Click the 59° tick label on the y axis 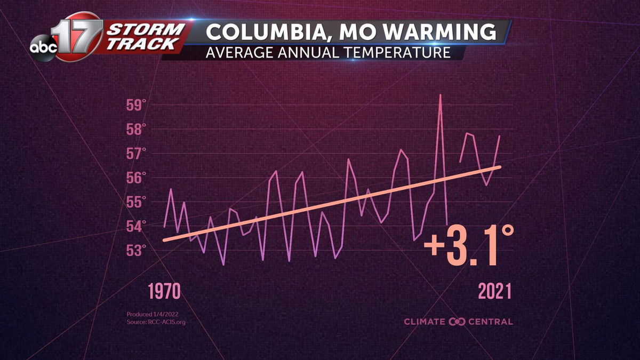pyautogui.click(x=136, y=105)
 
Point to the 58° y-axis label pyautogui.click(x=136, y=129)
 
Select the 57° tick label pyautogui.click(x=136, y=154)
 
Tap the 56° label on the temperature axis pyautogui.click(x=136, y=178)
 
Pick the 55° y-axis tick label pyautogui.click(x=136, y=202)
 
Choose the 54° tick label pyautogui.click(x=136, y=227)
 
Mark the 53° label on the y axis pyautogui.click(x=136, y=250)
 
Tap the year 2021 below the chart pyautogui.click(x=495, y=292)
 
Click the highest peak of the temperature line pyautogui.click(x=440, y=95)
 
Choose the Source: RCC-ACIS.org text pyautogui.click(x=156, y=322)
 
